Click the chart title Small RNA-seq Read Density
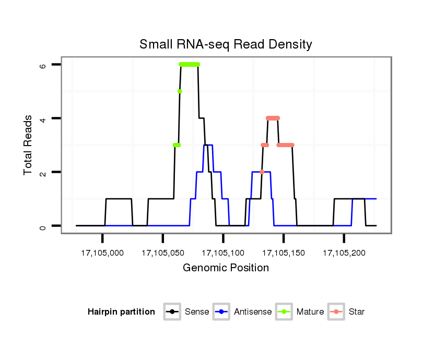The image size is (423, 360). point(226,44)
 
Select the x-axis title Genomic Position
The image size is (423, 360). point(226,268)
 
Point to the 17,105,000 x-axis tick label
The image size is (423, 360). point(102,253)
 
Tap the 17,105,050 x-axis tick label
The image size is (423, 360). point(163,253)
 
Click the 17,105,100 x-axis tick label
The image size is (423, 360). point(223,253)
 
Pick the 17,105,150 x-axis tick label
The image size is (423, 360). point(284,253)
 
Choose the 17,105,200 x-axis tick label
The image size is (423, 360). point(344,253)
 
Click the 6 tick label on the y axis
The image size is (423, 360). point(43,65)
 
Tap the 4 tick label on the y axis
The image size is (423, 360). point(43,118)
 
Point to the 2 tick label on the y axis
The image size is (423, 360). point(43,172)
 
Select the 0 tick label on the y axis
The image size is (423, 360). point(43,226)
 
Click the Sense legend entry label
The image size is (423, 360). point(197,312)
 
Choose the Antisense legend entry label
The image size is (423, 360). point(253,312)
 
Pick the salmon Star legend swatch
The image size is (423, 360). point(336,312)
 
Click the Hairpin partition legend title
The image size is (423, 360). point(121,312)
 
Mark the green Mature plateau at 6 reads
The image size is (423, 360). point(189,64)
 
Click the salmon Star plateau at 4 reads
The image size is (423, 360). point(273,118)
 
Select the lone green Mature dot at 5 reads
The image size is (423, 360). point(180,91)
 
